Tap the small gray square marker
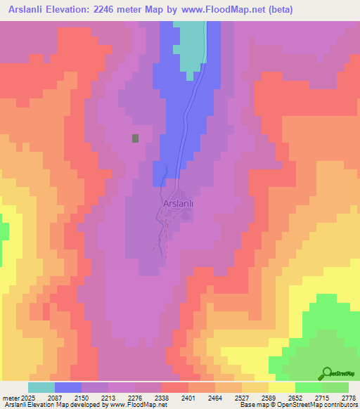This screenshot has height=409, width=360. click(x=135, y=138)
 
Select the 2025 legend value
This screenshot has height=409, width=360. click(x=27, y=398)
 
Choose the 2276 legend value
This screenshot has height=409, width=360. click(x=134, y=398)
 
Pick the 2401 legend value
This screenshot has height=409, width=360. click(x=188, y=398)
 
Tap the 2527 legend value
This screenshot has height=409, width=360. click(x=241, y=398)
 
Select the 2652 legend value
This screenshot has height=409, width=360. click(x=295, y=398)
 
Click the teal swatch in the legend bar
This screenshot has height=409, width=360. click(x=41, y=387)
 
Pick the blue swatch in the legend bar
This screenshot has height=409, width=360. click(x=67, y=387)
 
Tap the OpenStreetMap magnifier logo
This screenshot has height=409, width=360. click(x=326, y=372)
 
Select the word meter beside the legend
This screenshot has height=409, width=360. click(x=9, y=398)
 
